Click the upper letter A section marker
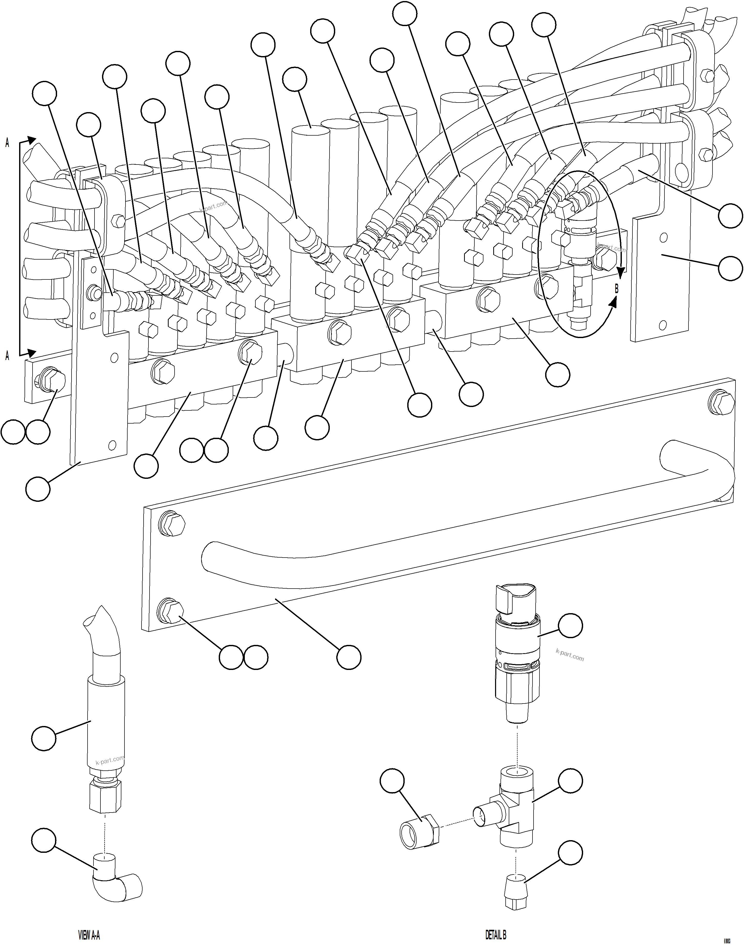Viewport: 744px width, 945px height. click(7, 143)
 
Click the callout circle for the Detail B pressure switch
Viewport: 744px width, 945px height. click(570, 626)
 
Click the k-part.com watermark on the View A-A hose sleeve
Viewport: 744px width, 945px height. click(110, 760)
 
